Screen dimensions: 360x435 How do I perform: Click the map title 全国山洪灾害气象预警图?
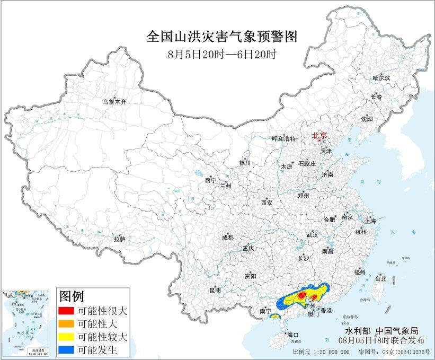(221, 37)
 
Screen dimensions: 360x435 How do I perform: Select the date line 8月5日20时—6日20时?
(221, 54)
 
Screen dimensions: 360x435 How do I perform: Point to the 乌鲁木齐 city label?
(115, 101)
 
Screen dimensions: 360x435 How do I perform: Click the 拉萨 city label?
(119, 239)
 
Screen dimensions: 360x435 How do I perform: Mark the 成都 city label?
(227, 238)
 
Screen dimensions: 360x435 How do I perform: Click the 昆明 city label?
(215, 290)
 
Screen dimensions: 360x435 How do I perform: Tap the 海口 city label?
(293, 335)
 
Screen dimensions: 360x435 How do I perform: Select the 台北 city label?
(380, 278)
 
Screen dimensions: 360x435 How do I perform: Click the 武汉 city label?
(312, 234)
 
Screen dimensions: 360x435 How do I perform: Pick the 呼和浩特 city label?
(283, 138)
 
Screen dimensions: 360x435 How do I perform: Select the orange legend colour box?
(66, 323)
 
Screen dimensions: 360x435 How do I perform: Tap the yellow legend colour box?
(66, 337)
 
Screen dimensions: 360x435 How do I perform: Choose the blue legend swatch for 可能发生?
(66, 350)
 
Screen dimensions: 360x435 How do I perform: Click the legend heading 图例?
(71, 296)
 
